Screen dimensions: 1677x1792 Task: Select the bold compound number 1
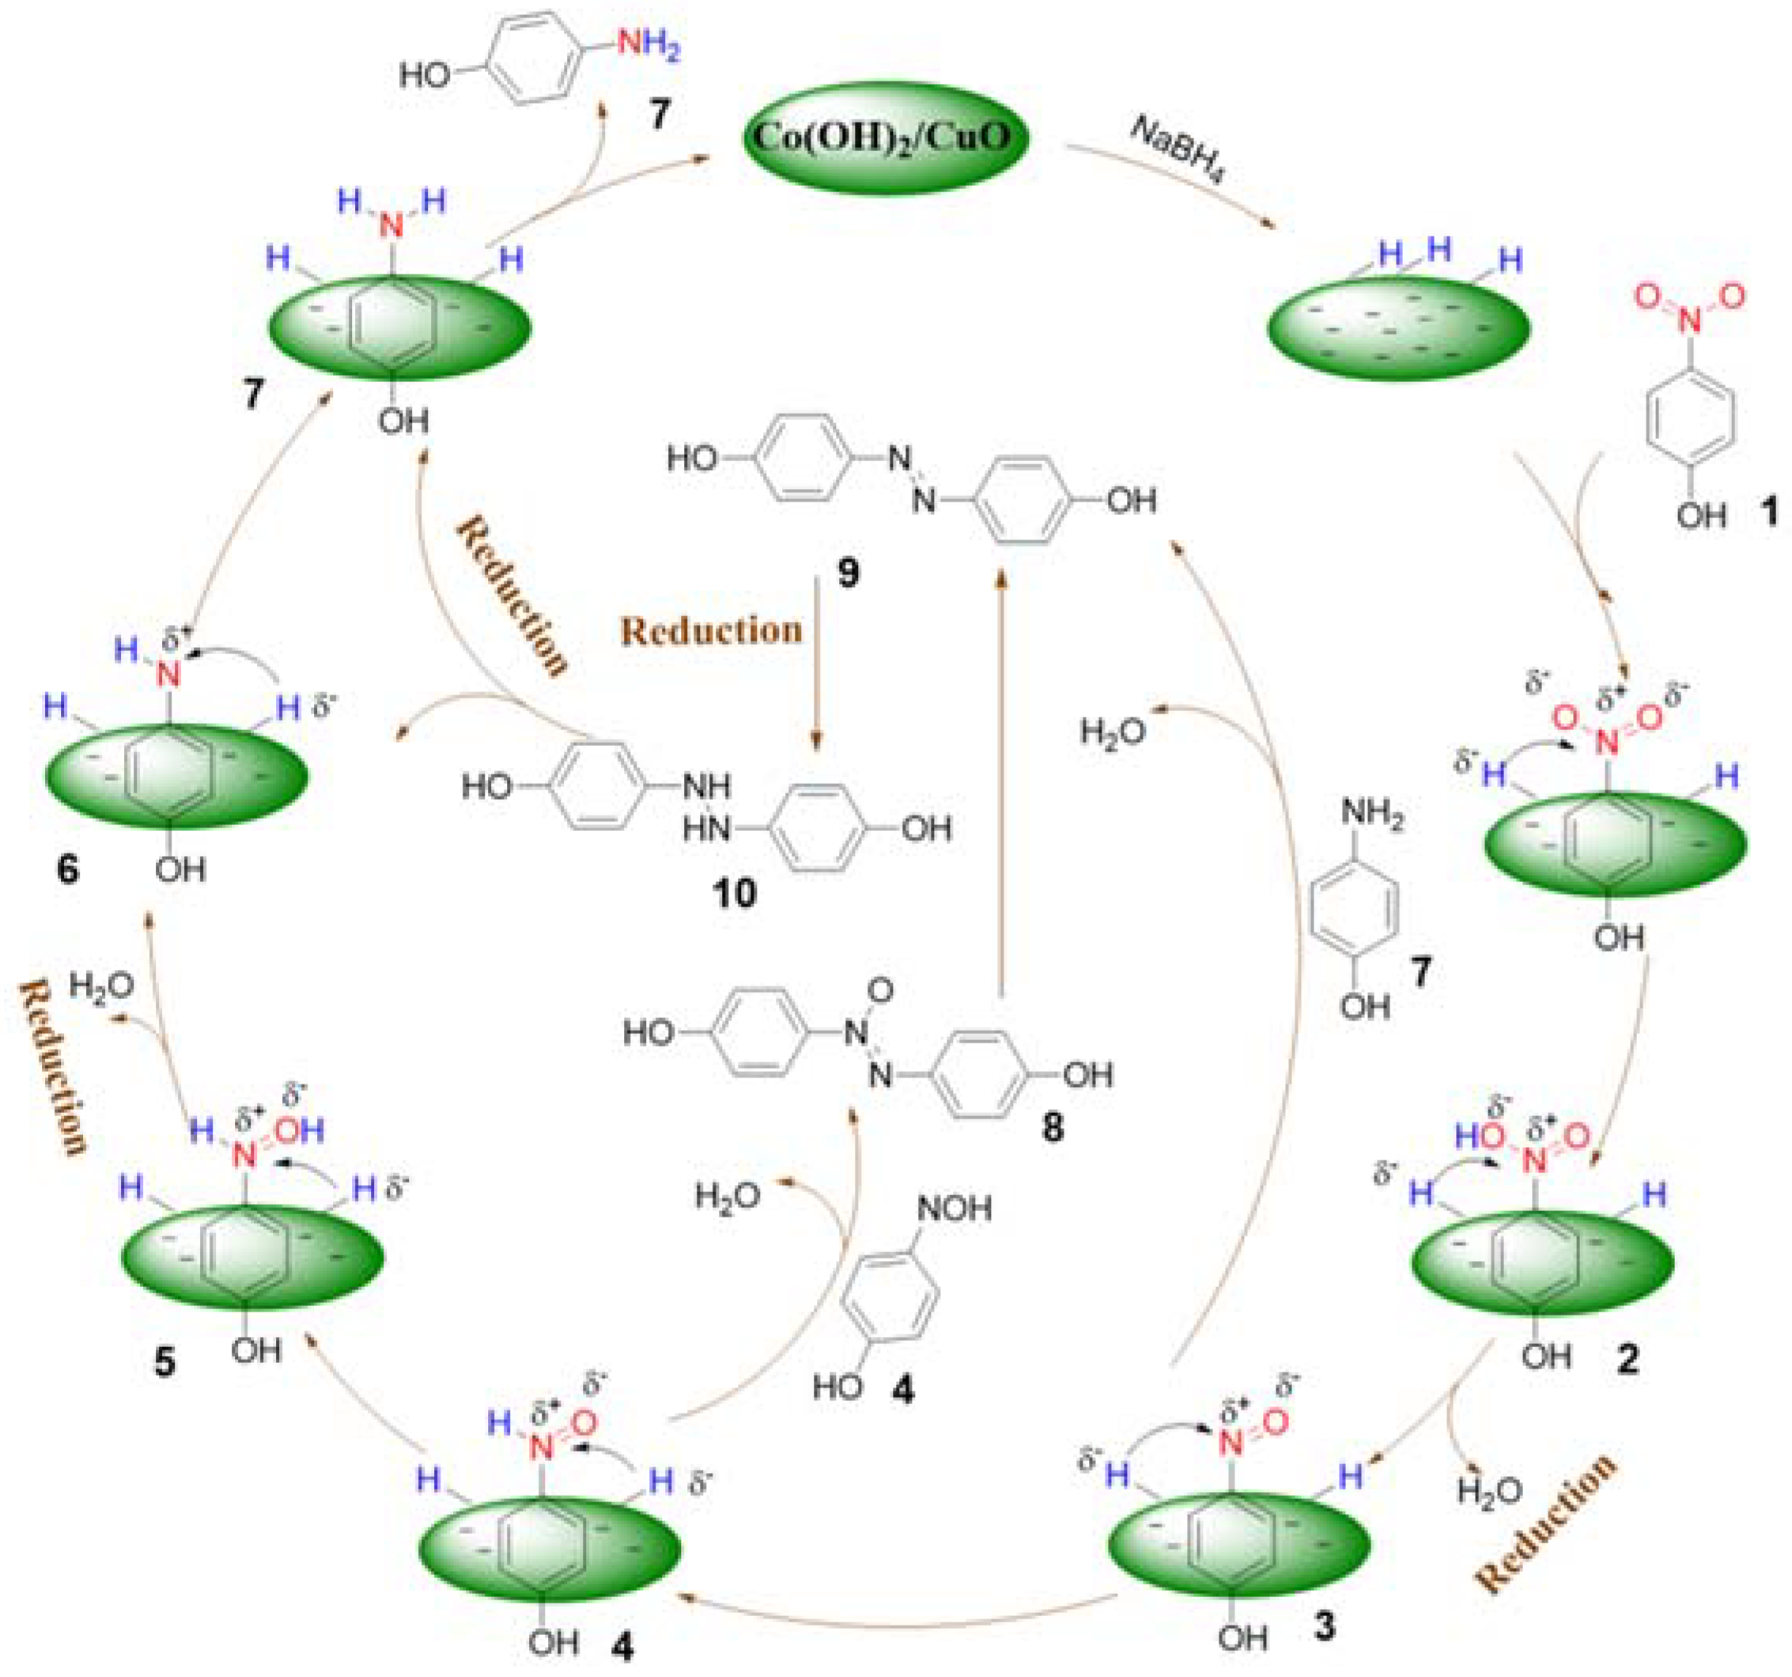(1770, 511)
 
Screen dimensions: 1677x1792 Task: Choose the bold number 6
(66, 870)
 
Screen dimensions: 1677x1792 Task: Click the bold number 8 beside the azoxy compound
(1052, 1128)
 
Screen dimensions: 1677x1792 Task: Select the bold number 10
(734, 894)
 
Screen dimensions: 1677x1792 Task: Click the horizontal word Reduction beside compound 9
(711, 630)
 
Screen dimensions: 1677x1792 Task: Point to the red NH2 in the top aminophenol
(647, 45)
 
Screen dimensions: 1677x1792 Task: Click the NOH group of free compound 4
(954, 1208)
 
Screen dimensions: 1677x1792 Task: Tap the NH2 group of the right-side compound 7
(1372, 813)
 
